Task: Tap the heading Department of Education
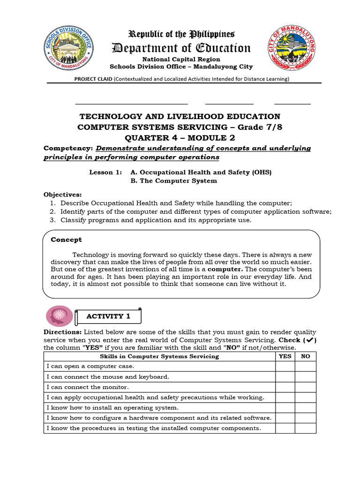coord(180,48)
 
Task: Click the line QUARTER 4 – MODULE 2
coord(180,137)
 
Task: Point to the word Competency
coord(67,148)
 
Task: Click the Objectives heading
coord(62,194)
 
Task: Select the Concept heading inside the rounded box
coord(66,240)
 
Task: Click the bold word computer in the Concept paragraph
coord(225,269)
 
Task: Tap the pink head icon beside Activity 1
coord(60,316)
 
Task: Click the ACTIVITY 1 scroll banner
coord(108,316)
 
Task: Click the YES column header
coord(285,356)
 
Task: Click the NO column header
coord(306,356)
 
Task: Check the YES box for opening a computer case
coord(285,366)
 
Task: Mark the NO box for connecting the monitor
coord(306,387)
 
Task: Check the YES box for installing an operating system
coord(285,408)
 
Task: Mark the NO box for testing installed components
coord(306,428)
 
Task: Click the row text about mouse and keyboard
coord(108,377)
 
